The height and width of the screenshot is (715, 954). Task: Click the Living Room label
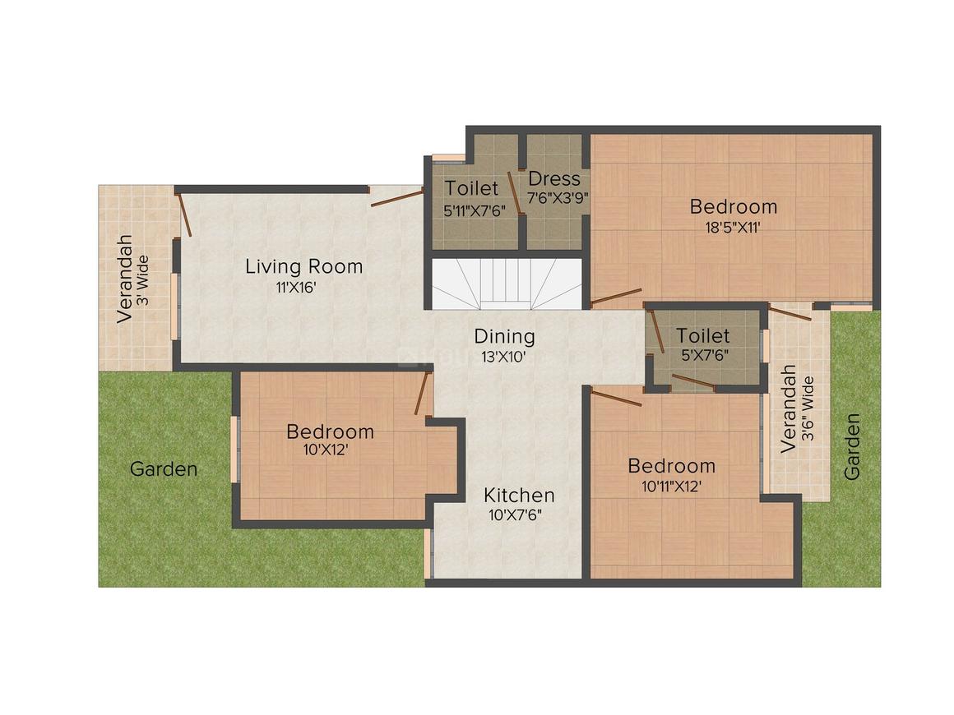tap(303, 266)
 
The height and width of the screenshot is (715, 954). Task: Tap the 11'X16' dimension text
tap(296, 288)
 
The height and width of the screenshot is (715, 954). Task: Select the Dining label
tap(504, 336)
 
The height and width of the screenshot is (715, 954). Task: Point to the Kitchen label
tap(519, 496)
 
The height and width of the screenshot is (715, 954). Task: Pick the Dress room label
tap(554, 179)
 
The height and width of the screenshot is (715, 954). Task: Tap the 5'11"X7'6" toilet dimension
tap(475, 212)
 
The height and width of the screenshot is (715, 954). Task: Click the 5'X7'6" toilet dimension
tap(705, 356)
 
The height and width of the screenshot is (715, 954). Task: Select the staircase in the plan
tap(507, 284)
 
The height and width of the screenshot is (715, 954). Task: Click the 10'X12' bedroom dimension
tap(326, 450)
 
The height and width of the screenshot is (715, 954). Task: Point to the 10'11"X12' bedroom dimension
tap(672, 487)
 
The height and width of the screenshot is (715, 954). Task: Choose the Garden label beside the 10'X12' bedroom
tap(164, 469)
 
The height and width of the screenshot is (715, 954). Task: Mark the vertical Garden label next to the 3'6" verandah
tap(852, 447)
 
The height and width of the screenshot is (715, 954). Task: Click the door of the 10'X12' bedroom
tap(422, 393)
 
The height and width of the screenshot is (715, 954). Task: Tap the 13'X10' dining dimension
tap(504, 357)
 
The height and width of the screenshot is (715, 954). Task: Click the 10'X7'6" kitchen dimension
tap(516, 515)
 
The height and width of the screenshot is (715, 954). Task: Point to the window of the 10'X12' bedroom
tap(234, 450)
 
